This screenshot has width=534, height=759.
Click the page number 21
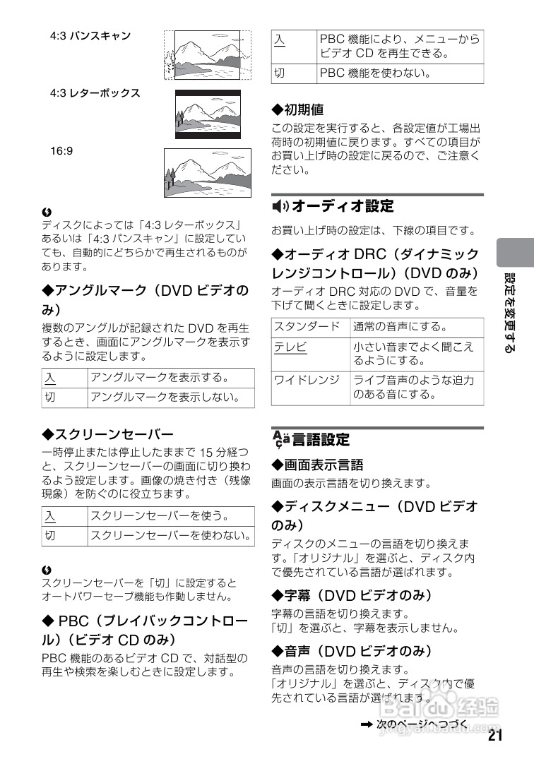point(494,736)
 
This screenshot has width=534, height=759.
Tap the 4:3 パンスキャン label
point(90,35)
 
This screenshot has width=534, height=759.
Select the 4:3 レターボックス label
point(95,92)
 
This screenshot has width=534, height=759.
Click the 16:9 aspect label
point(61,150)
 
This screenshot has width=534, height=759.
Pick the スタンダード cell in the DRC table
point(307,326)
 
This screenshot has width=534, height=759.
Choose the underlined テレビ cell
point(291,347)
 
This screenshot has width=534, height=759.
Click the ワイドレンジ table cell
point(307,380)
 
